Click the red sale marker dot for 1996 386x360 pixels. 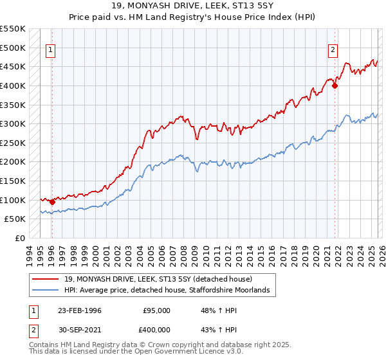52,202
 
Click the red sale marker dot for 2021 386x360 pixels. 335,85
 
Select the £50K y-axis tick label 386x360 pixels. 16,219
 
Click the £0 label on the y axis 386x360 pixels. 20,239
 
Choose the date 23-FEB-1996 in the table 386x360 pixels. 80,310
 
